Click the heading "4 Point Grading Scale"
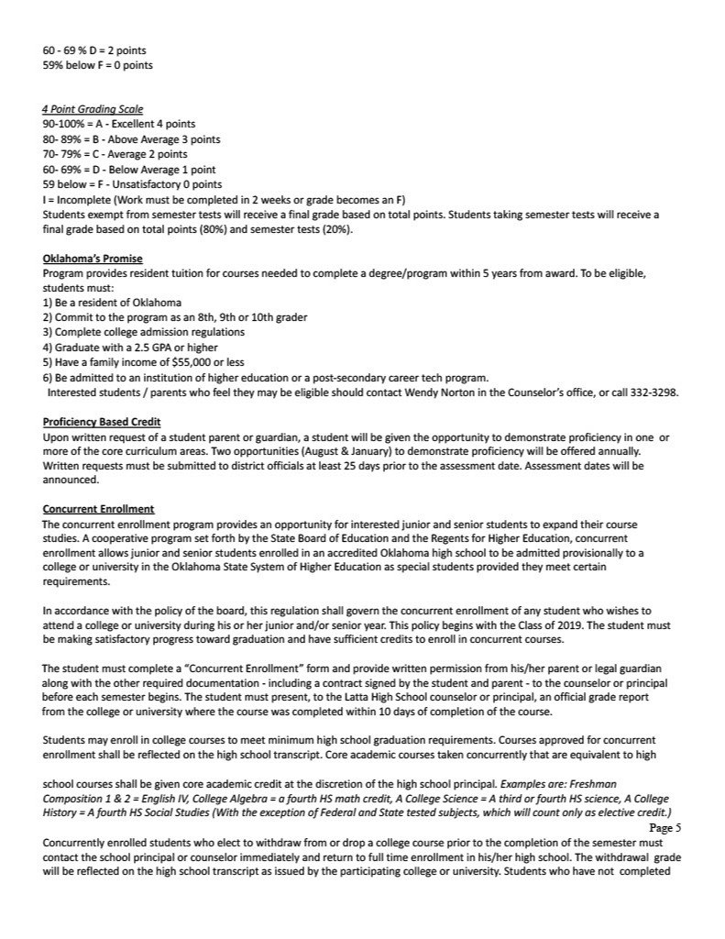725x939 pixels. pyautogui.click(x=93, y=109)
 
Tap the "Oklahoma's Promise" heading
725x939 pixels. pyautogui.click(x=93, y=259)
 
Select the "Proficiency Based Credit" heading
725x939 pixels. pyautogui.click(x=102, y=422)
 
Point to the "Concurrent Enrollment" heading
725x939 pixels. pyautogui.click(x=98, y=509)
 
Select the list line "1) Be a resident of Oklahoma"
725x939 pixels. pyautogui.click(x=112, y=303)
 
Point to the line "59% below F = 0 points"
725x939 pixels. pyautogui.click(x=98, y=65)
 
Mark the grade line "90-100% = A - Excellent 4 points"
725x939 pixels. pyautogui.click(x=119, y=124)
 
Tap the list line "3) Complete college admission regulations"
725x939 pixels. pyautogui.click(x=144, y=332)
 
